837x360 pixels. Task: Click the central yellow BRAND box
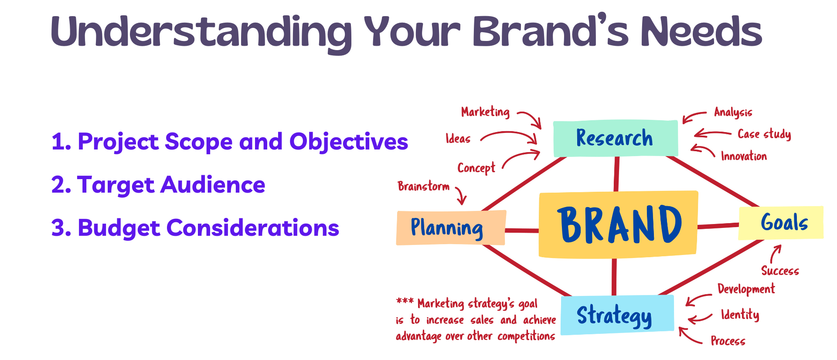click(618, 224)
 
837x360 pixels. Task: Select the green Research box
click(615, 138)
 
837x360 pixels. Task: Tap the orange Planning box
click(450, 228)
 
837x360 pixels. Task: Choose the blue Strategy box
click(616, 315)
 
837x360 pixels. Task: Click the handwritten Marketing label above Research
click(485, 112)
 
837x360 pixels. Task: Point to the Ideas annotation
click(458, 139)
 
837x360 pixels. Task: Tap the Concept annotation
click(476, 168)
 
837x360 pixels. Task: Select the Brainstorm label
click(423, 187)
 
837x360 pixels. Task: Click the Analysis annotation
click(733, 112)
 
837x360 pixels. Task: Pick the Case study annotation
click(764, 134)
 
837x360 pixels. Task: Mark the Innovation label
click(744, 156)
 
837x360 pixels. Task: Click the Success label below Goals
click(780, 271)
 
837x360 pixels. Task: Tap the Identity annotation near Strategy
click(740, 315)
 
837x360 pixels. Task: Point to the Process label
click(728, 341)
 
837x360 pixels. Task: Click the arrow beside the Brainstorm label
click(461, 196)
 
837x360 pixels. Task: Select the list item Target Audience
click(158, 185)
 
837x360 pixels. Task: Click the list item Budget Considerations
click(195, 228)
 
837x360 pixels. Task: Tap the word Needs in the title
click(701, 31)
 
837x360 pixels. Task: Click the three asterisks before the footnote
click(405, 301)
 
